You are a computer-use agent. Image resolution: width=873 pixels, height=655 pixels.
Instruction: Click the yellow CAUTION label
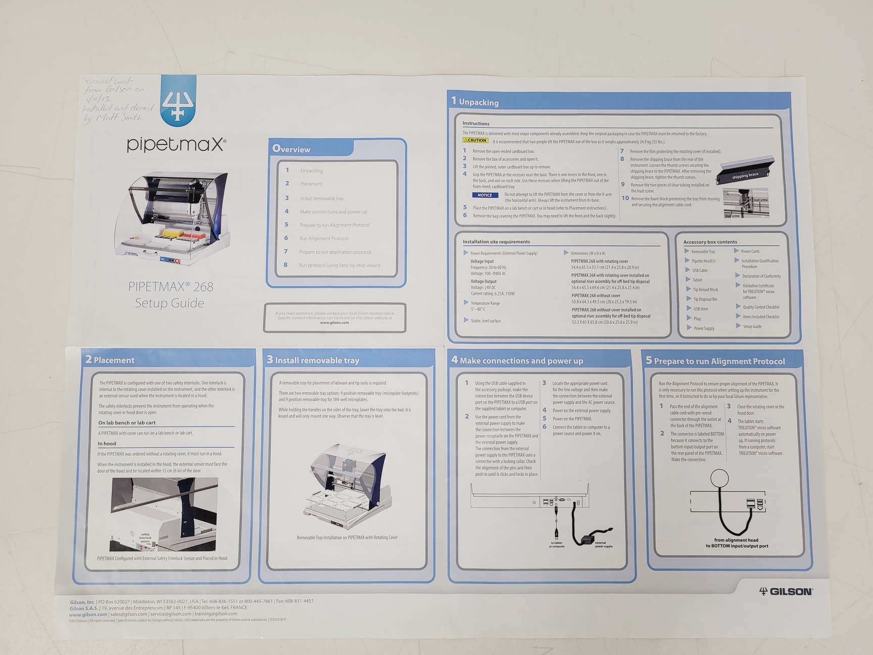click(475, 141)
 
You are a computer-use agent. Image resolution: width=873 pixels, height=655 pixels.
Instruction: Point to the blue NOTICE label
click(485, 195)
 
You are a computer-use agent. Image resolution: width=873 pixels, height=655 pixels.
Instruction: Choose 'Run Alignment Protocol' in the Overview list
click(324, 239)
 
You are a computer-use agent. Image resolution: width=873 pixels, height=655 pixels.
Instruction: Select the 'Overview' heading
click(292, 149)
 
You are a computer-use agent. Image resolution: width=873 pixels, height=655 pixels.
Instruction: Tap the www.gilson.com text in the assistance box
click(334, 322)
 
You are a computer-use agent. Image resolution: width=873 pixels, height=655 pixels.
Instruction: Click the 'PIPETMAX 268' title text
click(170, 287)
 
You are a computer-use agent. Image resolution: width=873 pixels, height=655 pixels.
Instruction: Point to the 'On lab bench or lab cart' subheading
click(127, 423)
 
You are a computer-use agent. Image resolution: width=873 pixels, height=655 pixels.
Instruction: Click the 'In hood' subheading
click(107, 444)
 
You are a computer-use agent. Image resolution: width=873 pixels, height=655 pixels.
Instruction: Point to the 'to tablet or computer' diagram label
click(557, 545)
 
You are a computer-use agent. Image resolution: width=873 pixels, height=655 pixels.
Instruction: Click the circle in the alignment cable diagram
click(719, 478)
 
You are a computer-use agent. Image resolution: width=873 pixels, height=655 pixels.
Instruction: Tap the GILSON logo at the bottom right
click(786, 591)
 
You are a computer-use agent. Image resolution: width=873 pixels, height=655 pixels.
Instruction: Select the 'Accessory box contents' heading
click(710, 242)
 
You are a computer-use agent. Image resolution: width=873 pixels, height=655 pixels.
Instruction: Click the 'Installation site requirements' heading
click(496, 242)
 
